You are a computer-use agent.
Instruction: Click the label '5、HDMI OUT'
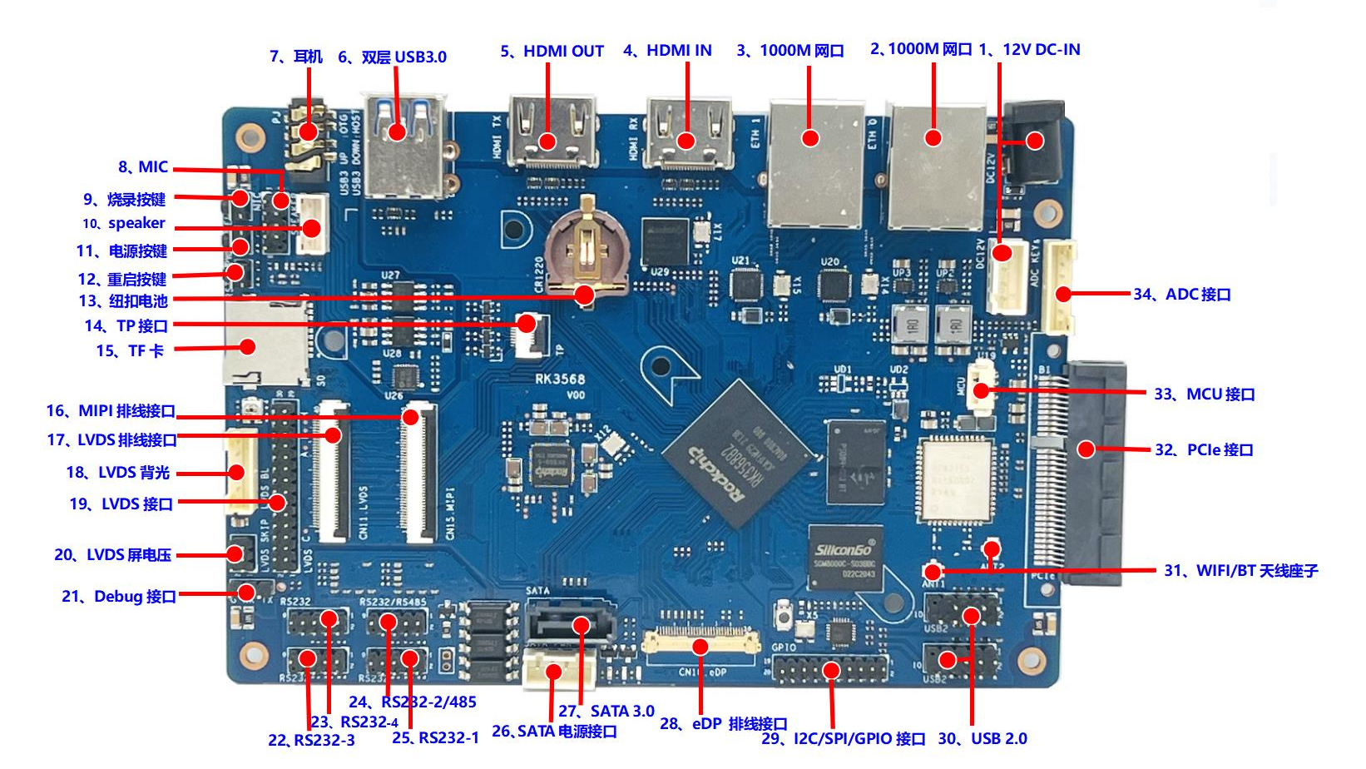tap(552, 51)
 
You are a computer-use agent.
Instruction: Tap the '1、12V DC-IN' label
tap(1029, 49)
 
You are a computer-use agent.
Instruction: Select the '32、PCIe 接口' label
tap(1203, 449)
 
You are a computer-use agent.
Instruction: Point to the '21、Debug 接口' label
tap(118, 596)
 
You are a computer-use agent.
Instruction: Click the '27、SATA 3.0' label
tap(606, 711)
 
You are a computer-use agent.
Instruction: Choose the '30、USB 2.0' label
tap(982, 738)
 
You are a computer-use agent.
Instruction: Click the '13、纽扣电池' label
tap(123, 300)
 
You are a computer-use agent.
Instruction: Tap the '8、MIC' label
tap(142, 166)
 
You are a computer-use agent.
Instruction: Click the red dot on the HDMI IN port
tap(686, 140)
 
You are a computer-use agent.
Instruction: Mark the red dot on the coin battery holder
tap(585, 294)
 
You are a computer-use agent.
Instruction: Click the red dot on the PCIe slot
tap(1086, 449)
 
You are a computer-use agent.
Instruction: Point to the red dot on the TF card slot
tap(247, 346)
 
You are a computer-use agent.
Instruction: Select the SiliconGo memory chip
tap(845, 556)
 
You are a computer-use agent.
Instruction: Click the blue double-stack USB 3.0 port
tap(404, 150)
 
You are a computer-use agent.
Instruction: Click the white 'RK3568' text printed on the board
tap(560, 379)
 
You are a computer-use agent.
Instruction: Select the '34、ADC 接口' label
tap(1181, 294)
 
